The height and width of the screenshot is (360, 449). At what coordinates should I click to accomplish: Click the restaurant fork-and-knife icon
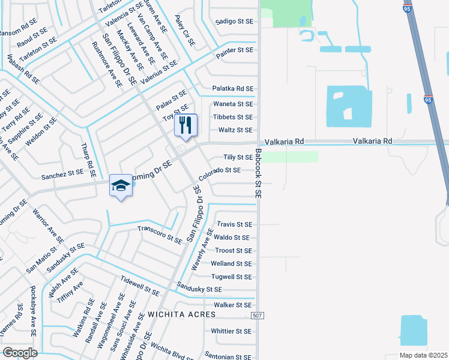click(x=185, y=125)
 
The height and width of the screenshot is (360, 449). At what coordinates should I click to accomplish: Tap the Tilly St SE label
click(x=238, y=157)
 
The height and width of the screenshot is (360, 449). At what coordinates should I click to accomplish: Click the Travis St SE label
click(x=234, y=224)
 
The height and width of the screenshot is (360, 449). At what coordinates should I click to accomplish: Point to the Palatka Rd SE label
click(x=233, y=89)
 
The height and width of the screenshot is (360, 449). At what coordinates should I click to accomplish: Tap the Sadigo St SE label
click(x=234, y=21)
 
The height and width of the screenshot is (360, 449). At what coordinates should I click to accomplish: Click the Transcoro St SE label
click(x=160, y=235)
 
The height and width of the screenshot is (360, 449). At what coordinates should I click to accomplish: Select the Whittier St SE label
click(x=231, y=331)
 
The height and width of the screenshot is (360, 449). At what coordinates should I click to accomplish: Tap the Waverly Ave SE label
click(x=202, y=248)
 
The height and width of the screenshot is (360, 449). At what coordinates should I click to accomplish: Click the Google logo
click(x=20, y=353)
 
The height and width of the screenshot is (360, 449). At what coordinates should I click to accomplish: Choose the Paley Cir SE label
click(x=185, y=32)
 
